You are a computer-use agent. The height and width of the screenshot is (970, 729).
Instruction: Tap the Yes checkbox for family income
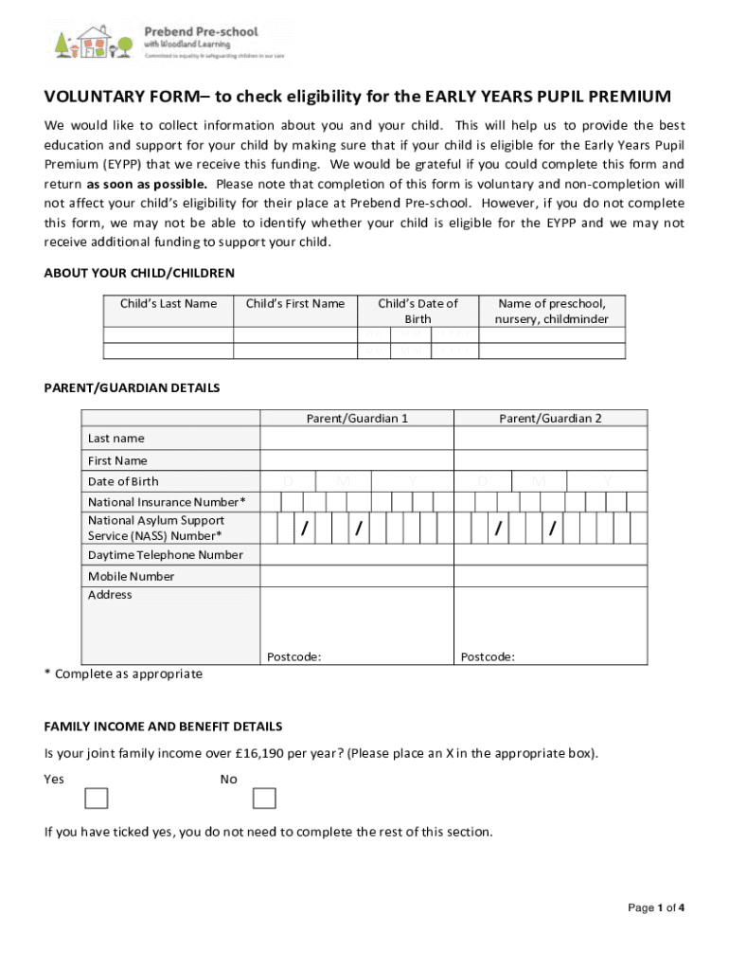97,799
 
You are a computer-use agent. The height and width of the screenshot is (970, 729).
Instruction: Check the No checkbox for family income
264,799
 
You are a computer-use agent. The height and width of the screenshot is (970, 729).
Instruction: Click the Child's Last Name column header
168,303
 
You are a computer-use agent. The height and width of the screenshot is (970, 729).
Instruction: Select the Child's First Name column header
295,303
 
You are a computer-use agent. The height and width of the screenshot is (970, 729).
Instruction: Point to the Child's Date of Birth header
418,311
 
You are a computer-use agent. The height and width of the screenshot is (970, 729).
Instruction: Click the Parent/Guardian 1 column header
357,418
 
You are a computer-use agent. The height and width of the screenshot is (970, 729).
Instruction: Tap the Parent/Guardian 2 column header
550,418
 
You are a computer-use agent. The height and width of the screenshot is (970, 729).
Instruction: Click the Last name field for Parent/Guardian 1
357,439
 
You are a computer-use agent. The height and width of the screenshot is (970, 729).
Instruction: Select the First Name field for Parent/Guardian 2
550,460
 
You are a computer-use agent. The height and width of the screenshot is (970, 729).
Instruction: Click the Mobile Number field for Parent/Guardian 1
357,576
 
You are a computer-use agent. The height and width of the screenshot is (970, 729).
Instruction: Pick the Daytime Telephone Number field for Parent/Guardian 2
550,555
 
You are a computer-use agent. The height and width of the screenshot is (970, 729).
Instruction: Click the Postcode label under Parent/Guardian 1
293,656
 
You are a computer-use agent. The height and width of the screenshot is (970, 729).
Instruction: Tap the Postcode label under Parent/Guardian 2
488,656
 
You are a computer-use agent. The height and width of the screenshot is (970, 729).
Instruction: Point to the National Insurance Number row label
167,501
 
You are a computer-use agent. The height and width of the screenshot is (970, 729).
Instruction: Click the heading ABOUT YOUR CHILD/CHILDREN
139,273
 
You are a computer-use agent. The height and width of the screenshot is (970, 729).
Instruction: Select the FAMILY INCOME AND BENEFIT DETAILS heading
163,727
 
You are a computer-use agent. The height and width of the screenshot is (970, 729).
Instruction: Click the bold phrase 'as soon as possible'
149,184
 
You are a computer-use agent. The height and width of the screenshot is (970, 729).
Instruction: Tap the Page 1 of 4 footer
656,907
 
